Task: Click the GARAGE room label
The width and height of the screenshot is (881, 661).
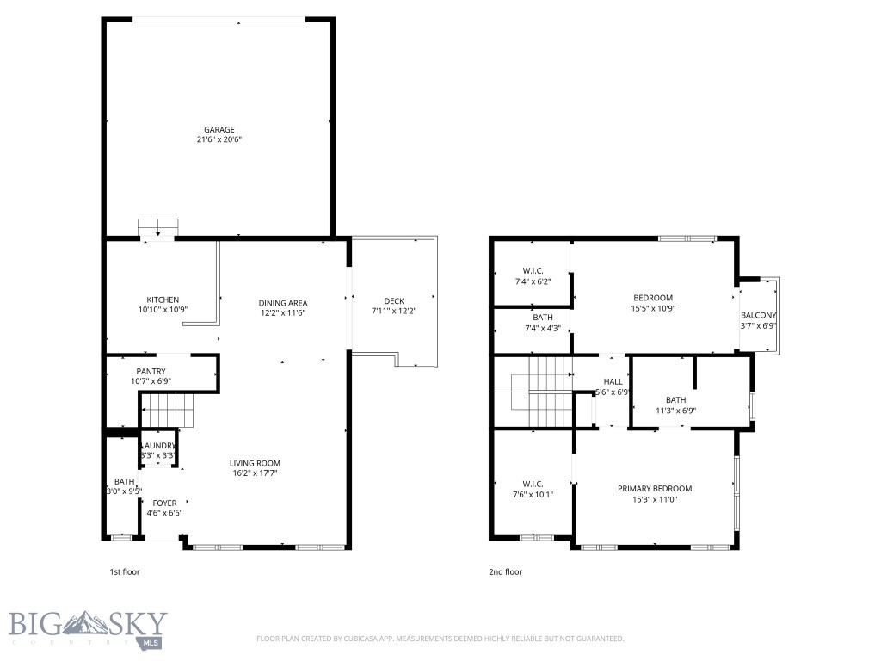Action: (219, 130)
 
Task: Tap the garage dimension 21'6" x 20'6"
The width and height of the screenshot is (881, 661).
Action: (219, 139)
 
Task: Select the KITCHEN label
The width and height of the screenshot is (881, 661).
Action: (162, 300)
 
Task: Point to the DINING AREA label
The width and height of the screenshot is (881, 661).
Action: (283, 303)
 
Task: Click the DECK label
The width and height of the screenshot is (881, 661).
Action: (393, 300)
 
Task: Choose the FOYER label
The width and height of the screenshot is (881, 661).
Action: (164, 503)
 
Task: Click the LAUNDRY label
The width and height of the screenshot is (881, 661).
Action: (158, 445)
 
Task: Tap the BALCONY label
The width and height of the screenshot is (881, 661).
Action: (758, 316)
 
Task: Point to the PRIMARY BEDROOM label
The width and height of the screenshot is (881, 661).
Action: (654, 489)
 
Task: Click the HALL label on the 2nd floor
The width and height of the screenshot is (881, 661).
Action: (613, 381)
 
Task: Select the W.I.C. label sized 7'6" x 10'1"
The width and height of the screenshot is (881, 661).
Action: (532, 484)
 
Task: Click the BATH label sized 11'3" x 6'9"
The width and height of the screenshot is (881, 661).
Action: (675, 399)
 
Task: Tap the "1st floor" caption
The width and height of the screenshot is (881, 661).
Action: (124, 571)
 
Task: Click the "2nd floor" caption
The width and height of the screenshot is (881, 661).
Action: (505, 571)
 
